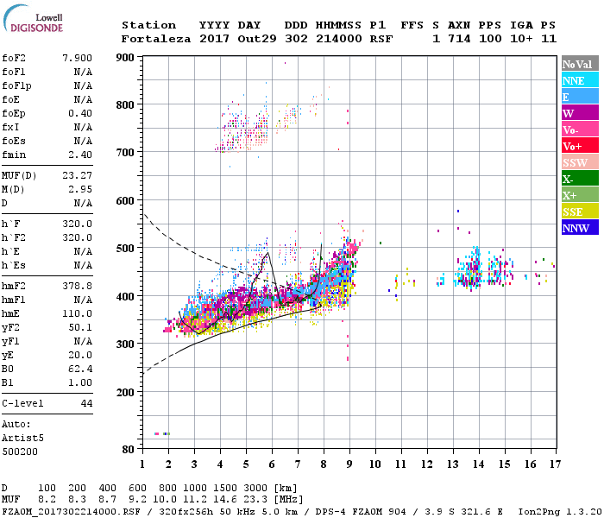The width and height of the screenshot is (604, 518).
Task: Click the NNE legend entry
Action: click(x=574, y=80)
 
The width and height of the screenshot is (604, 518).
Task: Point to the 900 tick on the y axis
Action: click(x=126, y=58)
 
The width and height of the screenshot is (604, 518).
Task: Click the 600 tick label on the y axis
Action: click(x=126, y=200)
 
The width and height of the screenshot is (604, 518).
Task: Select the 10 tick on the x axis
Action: click(x=375, y=464)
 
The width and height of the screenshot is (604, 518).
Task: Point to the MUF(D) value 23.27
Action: click(x=77, y=175)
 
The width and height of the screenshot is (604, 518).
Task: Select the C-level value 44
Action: click(x=86, y=403)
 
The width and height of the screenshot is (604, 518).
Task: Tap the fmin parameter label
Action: click(x=14, y=155)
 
